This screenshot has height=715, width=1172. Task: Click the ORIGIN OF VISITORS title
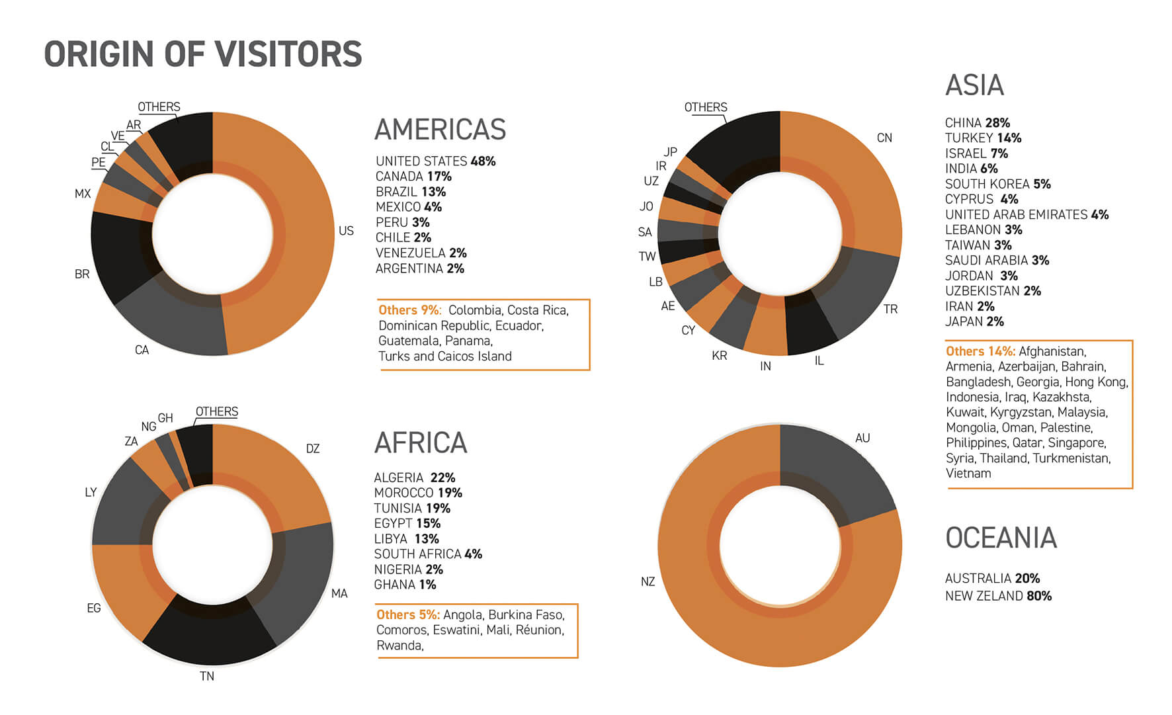(203, 54)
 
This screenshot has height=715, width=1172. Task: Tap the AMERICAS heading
(440, 130)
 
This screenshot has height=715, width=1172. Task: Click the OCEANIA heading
(1001, 538)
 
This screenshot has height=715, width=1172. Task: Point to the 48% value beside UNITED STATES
(483, 161)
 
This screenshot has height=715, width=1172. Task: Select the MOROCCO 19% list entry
(418, 493)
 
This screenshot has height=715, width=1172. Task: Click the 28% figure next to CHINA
(997, 123)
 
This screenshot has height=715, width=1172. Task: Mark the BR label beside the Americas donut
(82, 274)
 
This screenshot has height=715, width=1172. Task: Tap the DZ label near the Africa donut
(313, 448)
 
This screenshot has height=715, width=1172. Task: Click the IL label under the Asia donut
(819, 360)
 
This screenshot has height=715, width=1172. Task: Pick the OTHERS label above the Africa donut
(216, 411)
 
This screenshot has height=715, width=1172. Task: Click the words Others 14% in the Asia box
(980, 351)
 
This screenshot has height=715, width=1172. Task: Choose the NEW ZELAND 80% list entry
(998, 596)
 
